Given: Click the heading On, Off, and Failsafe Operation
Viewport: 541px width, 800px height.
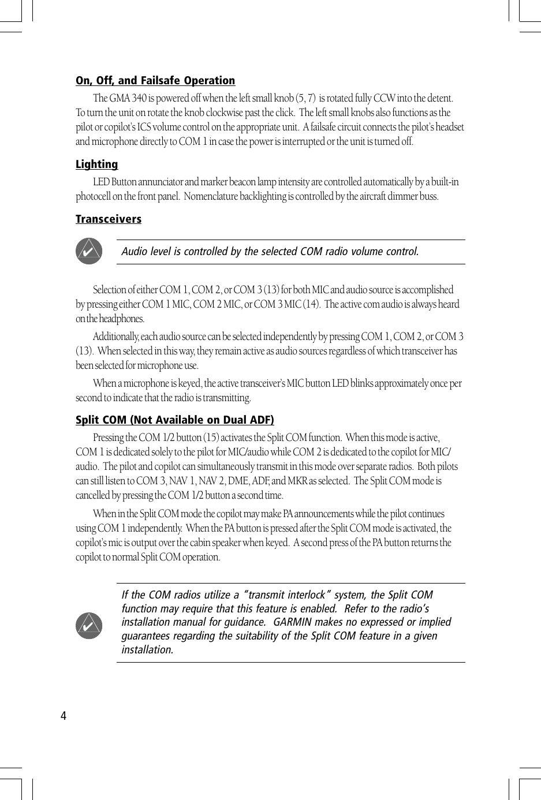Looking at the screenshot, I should tap(155, 81).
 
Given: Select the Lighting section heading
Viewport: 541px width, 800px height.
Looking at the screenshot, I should tap(96, 165).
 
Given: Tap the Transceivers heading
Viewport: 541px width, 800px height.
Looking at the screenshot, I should tap(109, 219).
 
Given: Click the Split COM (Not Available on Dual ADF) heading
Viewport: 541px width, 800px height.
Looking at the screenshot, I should tap(174, 420).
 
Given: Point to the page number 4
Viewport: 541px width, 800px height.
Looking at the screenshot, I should tap(64, 716).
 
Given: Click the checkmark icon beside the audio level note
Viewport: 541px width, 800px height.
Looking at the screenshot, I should tap(89, 252).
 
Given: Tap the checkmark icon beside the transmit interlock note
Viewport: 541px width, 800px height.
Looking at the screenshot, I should tap(89, 626).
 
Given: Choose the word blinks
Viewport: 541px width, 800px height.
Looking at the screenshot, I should tap(361, 384).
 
